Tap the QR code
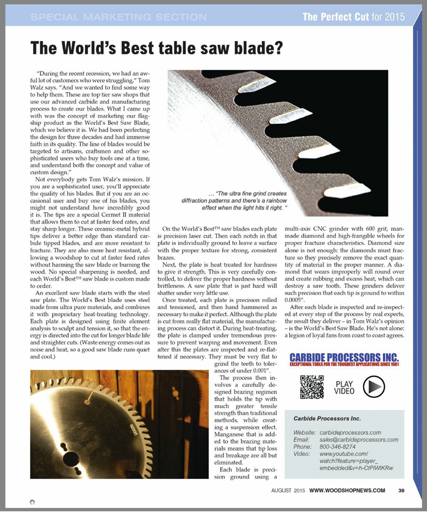point(312,386)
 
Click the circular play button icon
point(373,386)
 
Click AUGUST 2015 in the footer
point(288,490)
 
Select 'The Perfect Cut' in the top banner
point(335,18)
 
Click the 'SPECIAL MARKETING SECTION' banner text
point(119,18)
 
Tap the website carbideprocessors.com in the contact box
point(351,432)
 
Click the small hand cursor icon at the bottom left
point(32,501)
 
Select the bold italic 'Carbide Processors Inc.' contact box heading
point(327,419)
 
